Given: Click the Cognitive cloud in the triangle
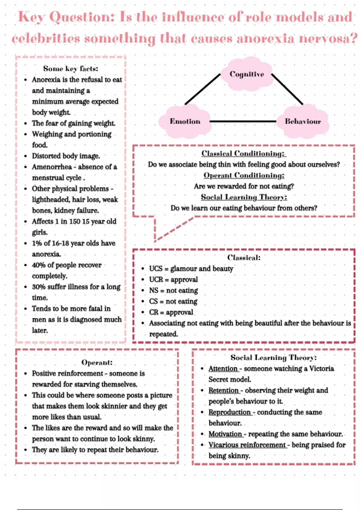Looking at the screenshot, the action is click(247, 74).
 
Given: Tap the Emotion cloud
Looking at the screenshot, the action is click(185, 121).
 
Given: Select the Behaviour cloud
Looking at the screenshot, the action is click(303, 121).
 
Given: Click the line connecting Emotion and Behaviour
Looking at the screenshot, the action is click(243, 121).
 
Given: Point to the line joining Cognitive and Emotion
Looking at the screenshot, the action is click(202, 89).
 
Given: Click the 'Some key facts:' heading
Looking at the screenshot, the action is click(70, 68).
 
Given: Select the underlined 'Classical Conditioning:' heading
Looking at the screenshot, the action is click(244, 154).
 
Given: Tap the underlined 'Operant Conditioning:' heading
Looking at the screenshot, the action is click(244, 175).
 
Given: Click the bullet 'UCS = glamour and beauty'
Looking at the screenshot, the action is click(191, 269).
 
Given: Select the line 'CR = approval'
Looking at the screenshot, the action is click(171, 312).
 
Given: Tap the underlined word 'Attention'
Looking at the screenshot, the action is click(223, 369).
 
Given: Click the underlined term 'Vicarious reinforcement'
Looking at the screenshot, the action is click(247, 445).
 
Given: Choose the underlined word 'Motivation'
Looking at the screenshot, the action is click(225, 434).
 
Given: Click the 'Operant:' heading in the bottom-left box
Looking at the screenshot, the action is click(97, 362).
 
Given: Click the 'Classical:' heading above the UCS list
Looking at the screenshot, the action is click(244, 257).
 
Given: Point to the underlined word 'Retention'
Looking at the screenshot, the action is click(223, 391).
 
